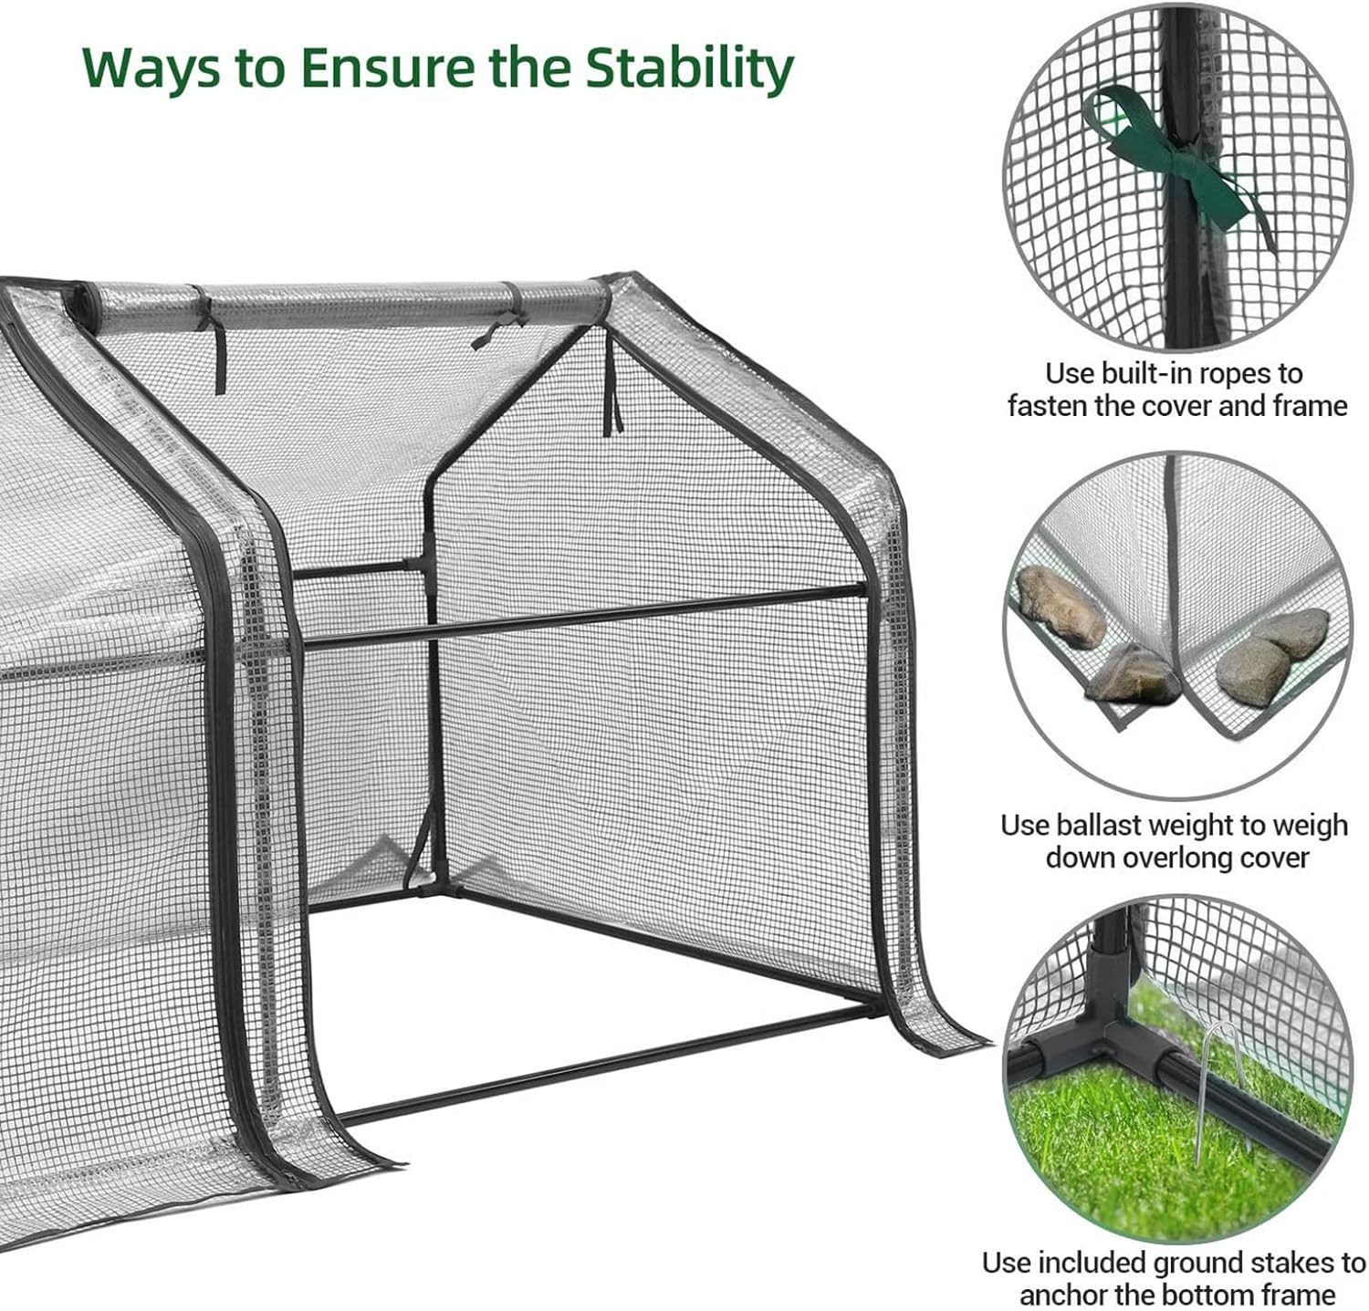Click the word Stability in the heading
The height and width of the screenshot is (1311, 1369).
(688, 68)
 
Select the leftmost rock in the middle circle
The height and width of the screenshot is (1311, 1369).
(1060, 605)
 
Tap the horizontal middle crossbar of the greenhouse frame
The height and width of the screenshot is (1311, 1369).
(584, 616)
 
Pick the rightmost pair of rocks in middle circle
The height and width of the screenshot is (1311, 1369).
(1273, 648)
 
